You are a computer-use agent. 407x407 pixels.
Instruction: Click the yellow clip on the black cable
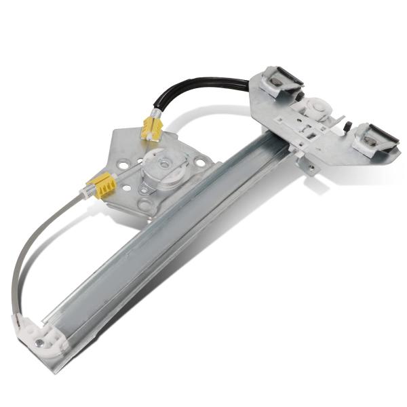coord(151,128)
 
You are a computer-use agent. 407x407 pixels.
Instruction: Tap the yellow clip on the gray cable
coord(101,185)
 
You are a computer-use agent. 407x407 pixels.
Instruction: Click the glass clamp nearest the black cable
coord(278,80)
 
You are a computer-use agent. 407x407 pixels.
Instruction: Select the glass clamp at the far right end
coord(372,138)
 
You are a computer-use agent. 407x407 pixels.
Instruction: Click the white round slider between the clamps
coord(316,108)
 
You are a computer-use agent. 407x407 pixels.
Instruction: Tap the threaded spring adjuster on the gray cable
coord(86,193)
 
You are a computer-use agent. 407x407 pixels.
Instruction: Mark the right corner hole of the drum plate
coord(201,161)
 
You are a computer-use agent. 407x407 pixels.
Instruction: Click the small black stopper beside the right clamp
coord(347,127)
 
